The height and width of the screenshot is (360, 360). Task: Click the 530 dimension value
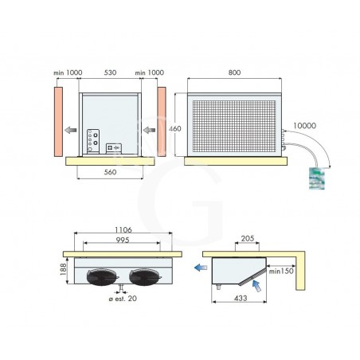tap(110, 72)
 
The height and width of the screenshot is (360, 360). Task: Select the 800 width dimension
tap(234, 72)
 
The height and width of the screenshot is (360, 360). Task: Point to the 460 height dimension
tap(175, 128)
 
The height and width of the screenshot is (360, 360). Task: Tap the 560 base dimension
tap(110, 172)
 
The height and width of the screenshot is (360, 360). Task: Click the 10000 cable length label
tap(305, 126)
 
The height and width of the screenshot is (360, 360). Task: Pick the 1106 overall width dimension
tap(123, 229)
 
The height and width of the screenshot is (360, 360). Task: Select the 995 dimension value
tap(123, 240)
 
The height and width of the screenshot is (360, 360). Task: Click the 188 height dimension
tap(63, 269)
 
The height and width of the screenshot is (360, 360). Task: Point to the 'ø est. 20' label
tap(123, 299)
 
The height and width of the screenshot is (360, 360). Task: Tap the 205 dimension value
tap(248, 238)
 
